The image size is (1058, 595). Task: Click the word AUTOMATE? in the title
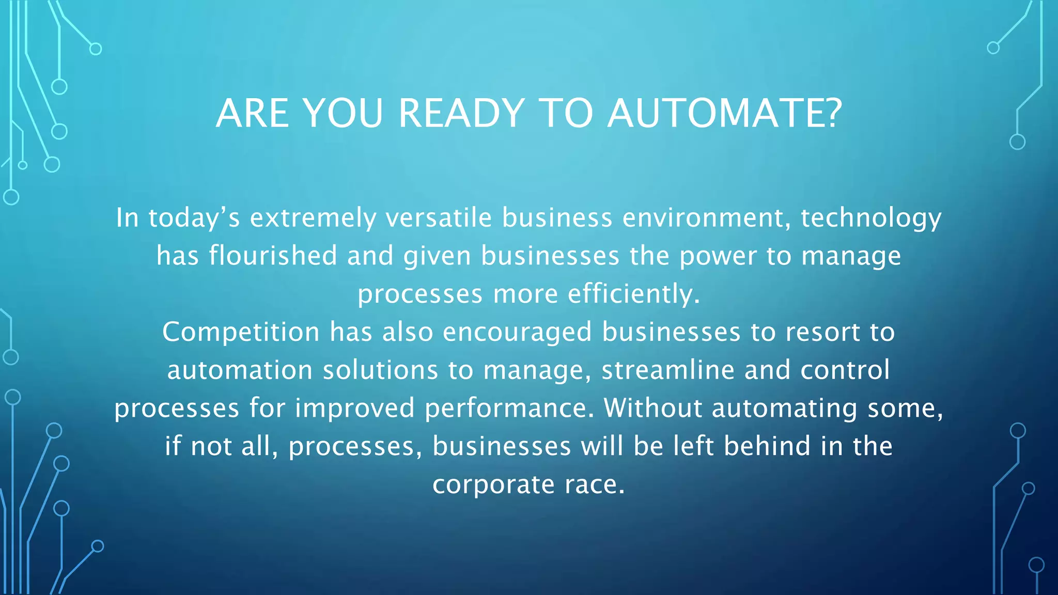(725, 113)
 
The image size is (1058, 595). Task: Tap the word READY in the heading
(461, 113)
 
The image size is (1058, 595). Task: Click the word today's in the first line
(194, 217)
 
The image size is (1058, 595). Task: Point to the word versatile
(439, 217)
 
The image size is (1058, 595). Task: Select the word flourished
(273, 256)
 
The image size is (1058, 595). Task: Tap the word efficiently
(634, 294)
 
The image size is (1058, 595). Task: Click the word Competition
(241, 333)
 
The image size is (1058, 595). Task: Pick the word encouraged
(517, 333)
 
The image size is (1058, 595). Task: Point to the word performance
(509, 409)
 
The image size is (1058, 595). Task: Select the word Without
(652, 408)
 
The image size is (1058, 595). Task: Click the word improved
(355, 409)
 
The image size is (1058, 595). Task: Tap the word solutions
(380, 370)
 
